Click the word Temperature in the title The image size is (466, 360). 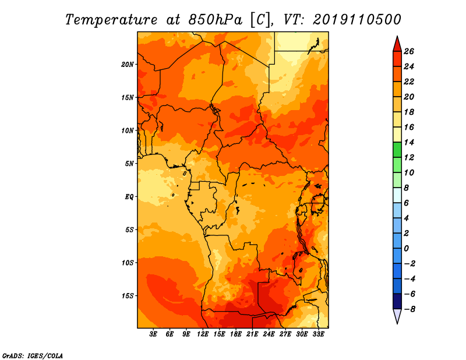[x=111, y=20]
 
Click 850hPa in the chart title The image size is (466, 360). [x=216, y=20]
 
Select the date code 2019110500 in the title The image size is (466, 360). [x=356, y=20]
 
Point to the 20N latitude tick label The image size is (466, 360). [x=128, y=65]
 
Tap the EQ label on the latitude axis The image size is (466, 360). [x=129, y=197]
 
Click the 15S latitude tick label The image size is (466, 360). [x=128, y=296]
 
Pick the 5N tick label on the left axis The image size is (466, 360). [x=129, y=164]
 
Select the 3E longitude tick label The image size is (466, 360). [x=153, y=334]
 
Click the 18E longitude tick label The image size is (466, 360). [x=236, y=334]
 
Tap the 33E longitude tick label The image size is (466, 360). [x=318, y=334]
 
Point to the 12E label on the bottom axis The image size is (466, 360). [x=202, y=334]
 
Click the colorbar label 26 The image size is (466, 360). [x=409, y=51]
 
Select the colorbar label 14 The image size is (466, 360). [x=409, y=142]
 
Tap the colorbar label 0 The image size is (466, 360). [x=406, y=248]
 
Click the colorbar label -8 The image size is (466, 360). [x=409, y=309]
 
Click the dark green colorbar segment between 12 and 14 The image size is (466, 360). [x=397, y=150]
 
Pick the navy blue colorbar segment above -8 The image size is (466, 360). [x=397, y=301]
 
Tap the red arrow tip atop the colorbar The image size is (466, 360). [x=397, y=36]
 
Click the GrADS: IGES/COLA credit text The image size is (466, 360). [x=33, y=356]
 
